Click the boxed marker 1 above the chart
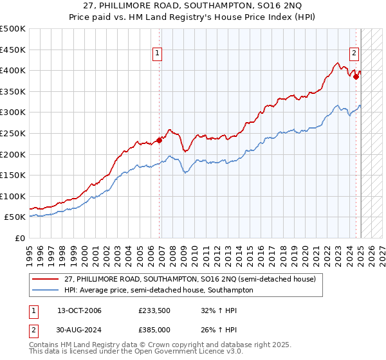pyautogui.click(x=158, y=54)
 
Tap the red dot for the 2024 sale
pyautogui.click(x=356, y=76)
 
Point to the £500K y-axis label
pyautogui.click(x=12, y=29)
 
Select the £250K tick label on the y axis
pyautogui.click(x=12, y=133)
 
